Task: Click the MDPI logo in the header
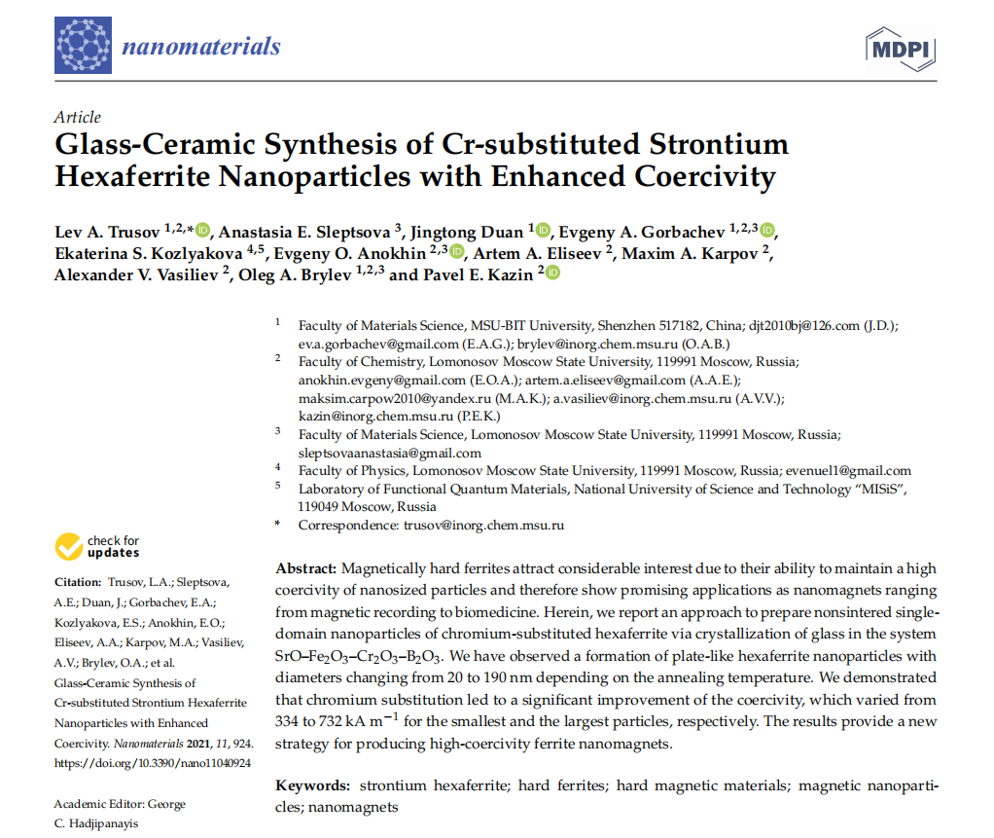coord(900,48)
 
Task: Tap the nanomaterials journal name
coord(201,46)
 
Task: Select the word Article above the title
coord(78,117)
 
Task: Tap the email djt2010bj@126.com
coord(804,325)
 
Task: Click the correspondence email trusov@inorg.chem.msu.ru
coord(483,525)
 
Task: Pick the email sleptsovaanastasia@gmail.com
coord(390,453)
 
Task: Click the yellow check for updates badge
coord(97,547)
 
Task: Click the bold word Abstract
coord(305,568)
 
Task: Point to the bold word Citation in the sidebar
coord(78,583)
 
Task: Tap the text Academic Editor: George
coord(120,804)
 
